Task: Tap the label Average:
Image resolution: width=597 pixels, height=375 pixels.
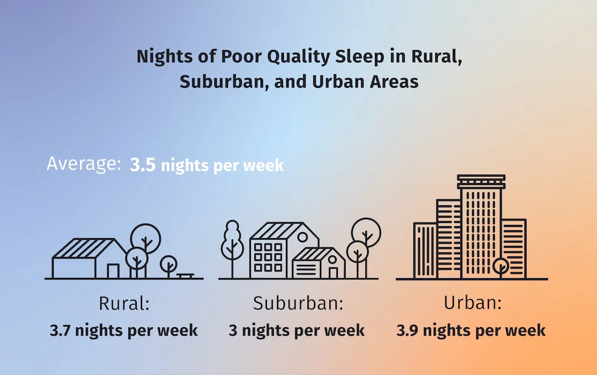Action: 84,164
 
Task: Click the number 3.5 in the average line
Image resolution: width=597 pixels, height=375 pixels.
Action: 143,165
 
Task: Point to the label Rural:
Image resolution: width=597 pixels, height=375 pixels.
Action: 124,304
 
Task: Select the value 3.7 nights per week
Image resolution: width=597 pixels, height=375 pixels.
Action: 124,330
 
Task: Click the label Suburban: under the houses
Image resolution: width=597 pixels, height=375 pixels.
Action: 298,304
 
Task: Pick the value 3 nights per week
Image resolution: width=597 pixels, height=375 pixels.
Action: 297,330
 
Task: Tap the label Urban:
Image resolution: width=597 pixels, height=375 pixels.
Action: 472,303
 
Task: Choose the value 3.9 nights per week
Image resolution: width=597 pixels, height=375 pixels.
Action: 471,330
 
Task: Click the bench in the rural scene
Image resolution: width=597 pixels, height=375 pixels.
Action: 185,275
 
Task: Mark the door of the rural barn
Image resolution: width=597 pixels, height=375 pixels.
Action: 113,271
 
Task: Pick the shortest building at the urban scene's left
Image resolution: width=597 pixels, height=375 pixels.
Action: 425,250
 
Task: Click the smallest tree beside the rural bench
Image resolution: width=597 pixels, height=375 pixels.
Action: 169,264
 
